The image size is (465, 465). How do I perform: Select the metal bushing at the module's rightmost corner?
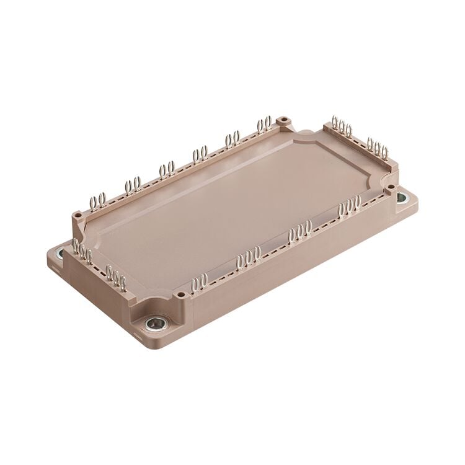402,198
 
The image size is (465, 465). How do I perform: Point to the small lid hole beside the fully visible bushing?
180,294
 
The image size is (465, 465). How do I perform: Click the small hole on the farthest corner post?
285,118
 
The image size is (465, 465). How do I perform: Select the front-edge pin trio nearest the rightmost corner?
350,206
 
